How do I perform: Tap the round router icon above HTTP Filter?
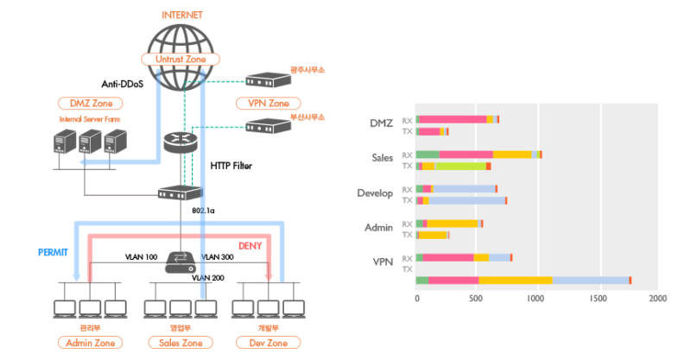pos(180,143)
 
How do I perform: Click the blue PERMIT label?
pos(53,253)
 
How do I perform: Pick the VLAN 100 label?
pos(140,256)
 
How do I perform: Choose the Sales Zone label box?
pos(180,343)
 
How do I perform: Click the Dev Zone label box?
pos(268,343)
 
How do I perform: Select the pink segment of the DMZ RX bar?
pos(452,119)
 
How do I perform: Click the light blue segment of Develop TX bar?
pos(466,200)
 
